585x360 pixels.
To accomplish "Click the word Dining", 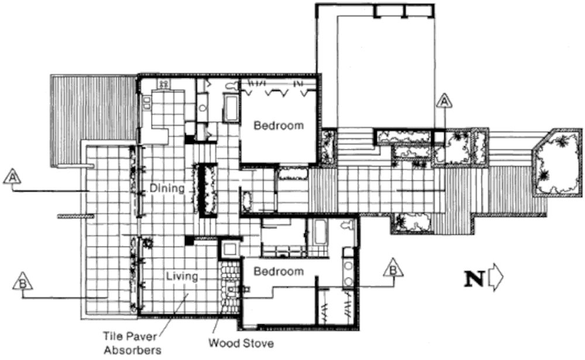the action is pyautogui.click(x=167, y=188).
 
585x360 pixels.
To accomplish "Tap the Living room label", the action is pyautogui.click(x=182, y=277).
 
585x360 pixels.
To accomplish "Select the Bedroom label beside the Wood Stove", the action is pyautogui.click(x=278, y=271).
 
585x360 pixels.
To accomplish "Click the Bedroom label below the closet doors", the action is pyautogui.click(x=278, y=125).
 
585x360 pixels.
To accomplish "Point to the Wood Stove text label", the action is pyautogui.click(x=241, y=343).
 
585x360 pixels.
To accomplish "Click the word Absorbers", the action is pyautogui.click(x=132, y=351).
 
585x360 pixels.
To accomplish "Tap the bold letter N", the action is pyautogui.click(x=474, y=279).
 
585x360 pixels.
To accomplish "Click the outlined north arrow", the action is pyautogui.click(x=496, y=277).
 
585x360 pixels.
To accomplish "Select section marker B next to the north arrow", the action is pyautogui.click(x=393, y=268).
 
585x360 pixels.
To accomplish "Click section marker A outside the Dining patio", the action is pyautogui.click(x=12, y=177).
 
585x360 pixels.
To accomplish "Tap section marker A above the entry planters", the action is pyautogui.click(x=443, y=101).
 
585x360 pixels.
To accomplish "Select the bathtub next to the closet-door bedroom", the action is pyautogui.click(x=231, y=108).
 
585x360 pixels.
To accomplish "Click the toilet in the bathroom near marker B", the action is pyautogui.click(x=348, y=225).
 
